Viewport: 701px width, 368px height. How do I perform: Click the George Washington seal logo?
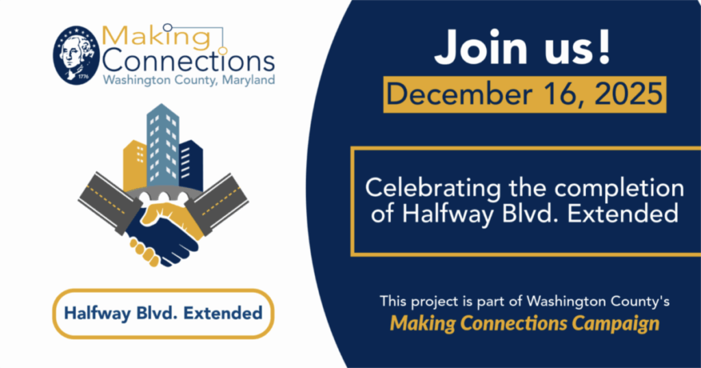pos(76,55)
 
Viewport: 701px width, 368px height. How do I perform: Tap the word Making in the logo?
pos(155,37)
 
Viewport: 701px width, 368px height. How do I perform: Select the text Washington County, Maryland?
pos(189,81)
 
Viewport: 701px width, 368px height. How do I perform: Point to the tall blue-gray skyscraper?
pos(163,145)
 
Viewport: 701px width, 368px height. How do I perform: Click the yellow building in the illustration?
pos(135,166)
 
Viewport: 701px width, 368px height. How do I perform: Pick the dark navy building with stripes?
pos(191,166)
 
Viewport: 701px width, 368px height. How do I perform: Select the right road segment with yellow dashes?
pos(217,203)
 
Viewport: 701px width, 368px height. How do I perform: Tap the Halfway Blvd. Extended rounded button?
pos(163,313)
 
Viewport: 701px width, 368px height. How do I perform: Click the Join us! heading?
pos(522,49)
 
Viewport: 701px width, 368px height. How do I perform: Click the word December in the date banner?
pos(459,94)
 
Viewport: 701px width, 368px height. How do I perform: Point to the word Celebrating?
pos(433,188)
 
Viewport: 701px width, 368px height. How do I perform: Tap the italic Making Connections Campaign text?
pos(524,323)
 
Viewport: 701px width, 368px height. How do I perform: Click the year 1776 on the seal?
pos(83,77)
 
